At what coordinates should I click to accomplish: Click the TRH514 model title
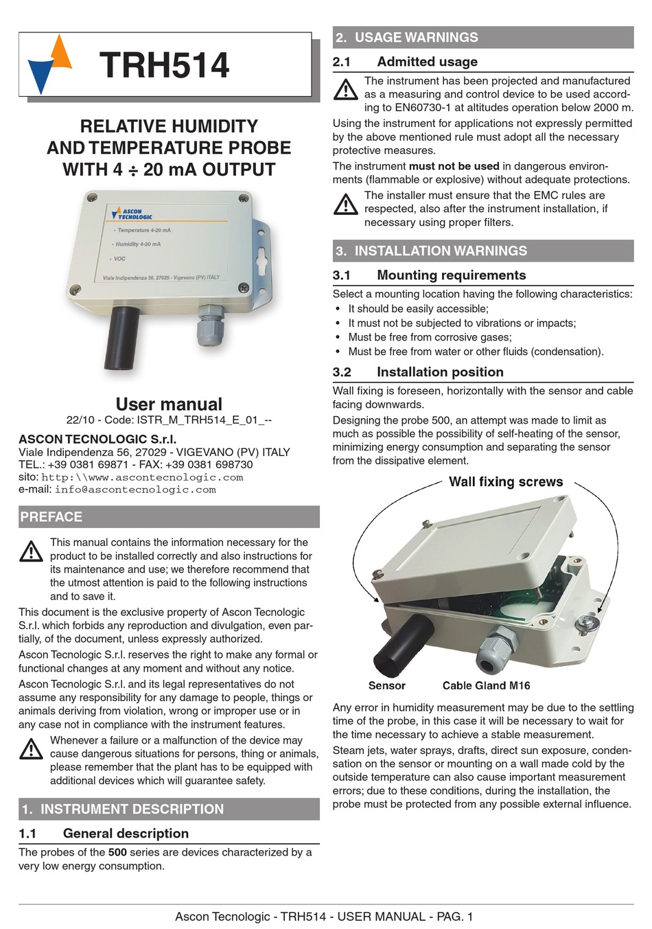[164, 66]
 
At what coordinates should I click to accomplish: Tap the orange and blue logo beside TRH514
[50, 65]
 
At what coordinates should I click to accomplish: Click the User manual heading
[169, 404]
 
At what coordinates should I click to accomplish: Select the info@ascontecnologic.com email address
[135, 490]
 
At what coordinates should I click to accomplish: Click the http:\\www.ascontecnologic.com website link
[142, 477]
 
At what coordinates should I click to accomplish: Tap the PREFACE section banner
[169, 517]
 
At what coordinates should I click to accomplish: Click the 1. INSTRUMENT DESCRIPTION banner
[169, 809]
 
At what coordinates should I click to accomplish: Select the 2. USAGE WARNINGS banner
[482, 38]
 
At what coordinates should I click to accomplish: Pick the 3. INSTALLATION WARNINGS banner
[482, 251]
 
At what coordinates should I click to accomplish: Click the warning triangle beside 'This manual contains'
[32, 551]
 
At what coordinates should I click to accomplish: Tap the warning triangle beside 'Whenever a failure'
[32, 748]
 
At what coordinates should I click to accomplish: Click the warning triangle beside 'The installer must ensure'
[346, 204]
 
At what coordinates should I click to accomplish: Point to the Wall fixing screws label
[506, 482]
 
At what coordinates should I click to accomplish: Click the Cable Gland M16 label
[486, 685]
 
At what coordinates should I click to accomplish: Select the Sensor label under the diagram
[386, 685]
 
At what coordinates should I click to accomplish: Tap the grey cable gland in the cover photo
[211, 326]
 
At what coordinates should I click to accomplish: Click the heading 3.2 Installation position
[440, 372]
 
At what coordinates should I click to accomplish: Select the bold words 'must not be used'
[454, 166]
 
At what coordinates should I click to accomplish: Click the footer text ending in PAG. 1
[324, 916]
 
